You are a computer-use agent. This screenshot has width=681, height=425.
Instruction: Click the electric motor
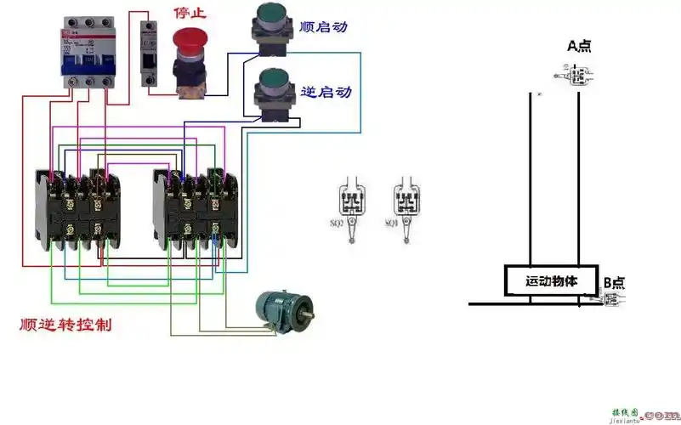click(x=283, y=310)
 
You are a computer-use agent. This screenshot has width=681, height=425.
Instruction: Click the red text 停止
click(x=190, y=13)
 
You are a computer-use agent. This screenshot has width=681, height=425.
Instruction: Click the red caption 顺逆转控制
click(x=65, y=326)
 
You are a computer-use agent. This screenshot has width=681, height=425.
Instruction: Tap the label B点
click(x=614, y=282)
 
